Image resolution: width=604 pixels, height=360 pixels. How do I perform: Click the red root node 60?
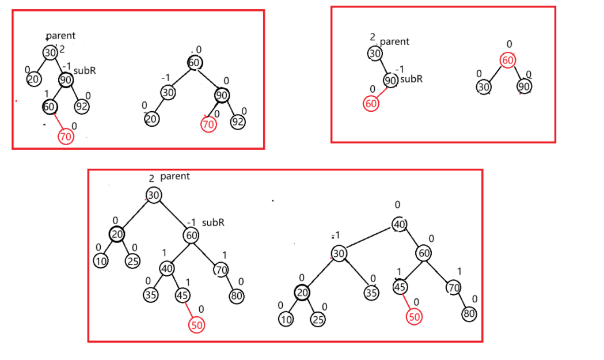tap(507, 61)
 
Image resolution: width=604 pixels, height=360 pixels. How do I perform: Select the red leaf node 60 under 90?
tap(371, 104)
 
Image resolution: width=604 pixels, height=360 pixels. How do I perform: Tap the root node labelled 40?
tap(400, 224)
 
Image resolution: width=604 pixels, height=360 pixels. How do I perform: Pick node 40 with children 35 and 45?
tap(167, 268)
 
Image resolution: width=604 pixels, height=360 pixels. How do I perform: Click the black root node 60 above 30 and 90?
tap(195, 63)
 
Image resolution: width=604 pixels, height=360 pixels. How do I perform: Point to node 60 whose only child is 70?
tap(50, 107)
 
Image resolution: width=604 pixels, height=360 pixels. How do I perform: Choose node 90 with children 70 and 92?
tap(222, 95)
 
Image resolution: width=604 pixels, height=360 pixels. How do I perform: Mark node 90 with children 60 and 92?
tap(66, 80)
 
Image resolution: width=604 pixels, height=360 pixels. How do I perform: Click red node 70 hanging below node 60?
tap(66, 137)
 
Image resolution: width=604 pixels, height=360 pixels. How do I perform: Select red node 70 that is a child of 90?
tap(208, 123)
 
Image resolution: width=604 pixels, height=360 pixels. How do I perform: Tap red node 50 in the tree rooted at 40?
tap(413, 316)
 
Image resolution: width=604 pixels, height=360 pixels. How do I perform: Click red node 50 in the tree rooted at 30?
tap(197, 324)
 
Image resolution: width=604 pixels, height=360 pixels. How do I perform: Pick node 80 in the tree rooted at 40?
tap(469, 314)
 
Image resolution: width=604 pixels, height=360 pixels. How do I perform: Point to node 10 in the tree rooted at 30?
tap(101, 261)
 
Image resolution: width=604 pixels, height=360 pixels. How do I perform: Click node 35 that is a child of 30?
tap(372, 293)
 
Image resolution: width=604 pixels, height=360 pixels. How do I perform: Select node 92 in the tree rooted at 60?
tap(237, 122)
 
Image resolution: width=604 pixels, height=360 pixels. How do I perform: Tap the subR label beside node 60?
tap(213, 222)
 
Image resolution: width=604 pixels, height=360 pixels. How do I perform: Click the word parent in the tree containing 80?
tap(174, 176)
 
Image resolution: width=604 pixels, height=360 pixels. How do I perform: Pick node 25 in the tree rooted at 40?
tap(317, 320)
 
